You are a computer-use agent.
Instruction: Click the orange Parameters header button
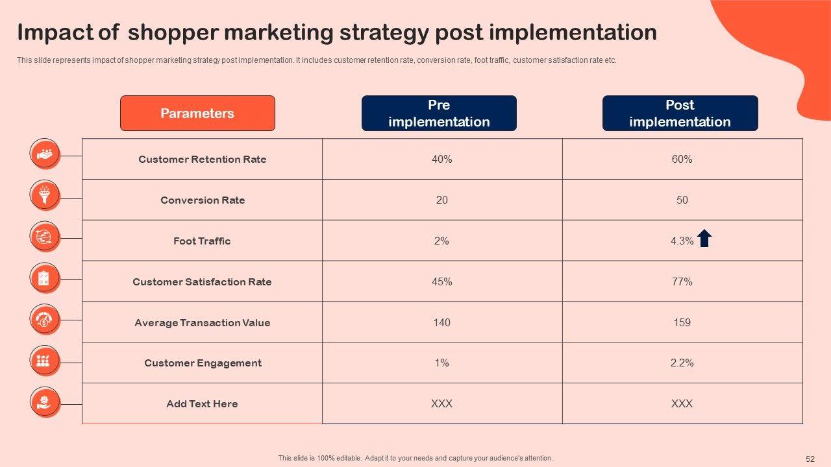point(197,113)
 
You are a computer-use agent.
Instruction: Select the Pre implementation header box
point(439,113)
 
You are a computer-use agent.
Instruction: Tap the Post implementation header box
point(680,113)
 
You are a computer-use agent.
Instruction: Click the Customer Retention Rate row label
point(202,160)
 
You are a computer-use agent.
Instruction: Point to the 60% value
point(682,160)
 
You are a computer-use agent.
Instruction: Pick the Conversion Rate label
point(203,200)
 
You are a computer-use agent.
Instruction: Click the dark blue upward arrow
point(704,238)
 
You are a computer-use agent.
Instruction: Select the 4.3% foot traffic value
point(682,241)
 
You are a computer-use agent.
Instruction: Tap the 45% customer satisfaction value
point(442,281)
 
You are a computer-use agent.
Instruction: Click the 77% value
point(682,281)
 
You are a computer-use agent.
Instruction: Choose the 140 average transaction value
point(442,322)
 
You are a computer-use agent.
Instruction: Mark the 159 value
point(682,322)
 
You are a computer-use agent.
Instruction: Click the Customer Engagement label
point(203,363)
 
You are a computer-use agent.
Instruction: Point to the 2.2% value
point(682,363)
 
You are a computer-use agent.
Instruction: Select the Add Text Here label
point(202,403)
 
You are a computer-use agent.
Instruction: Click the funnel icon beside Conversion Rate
point(45,195)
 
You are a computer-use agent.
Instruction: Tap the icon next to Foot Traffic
point(45,237)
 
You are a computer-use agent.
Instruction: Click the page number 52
point(810,459)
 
